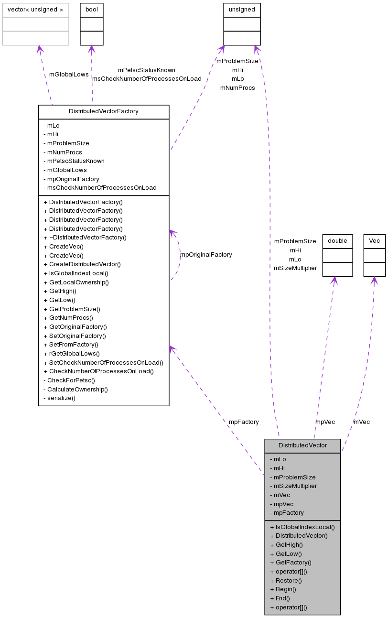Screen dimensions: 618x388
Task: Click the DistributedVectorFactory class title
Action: tap(104, 111)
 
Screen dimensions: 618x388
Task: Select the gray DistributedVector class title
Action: tap(302, 445)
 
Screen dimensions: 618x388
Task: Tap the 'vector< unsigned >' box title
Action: tap(35, 10)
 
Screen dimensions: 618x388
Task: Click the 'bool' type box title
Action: tap(92, 10)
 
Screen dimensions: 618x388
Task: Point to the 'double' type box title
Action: tap(337, 241)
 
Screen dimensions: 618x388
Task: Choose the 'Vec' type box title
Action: tap(374, 241)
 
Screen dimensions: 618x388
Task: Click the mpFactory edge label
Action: tap(244, 422)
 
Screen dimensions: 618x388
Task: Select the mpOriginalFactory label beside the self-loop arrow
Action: tap(206, 255)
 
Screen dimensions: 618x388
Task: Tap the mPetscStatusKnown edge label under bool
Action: tap(147, 70)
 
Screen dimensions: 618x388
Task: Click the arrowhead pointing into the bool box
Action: tap(92, 49)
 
